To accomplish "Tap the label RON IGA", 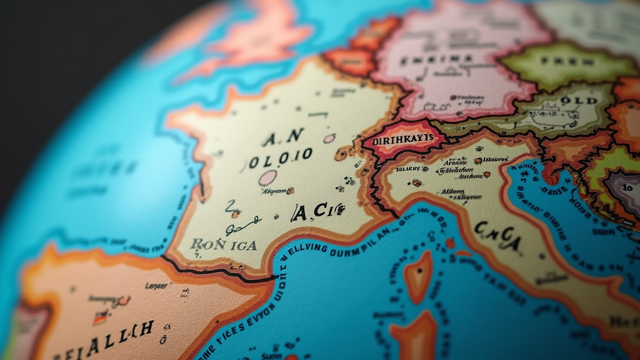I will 223,245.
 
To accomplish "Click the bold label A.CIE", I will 317,211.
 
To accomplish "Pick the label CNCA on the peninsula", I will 498,235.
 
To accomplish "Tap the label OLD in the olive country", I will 579,101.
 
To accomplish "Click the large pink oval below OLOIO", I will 267,178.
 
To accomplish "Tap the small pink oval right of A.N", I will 329,138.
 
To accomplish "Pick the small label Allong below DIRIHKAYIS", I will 453,191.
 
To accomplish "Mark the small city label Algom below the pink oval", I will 274,191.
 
